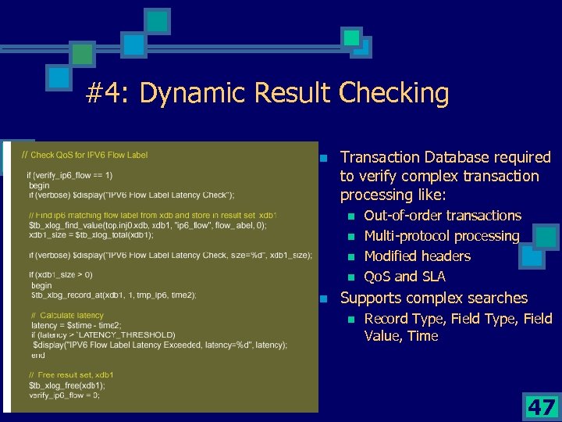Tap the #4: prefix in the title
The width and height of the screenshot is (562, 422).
pyautogui.click(x=108, y=94)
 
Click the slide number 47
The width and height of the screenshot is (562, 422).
pyautogui.click(x=541, y=407)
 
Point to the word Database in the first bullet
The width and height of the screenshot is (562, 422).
pyautogui.click(x=450, y=157)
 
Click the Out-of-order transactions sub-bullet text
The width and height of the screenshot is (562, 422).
pyautogui.click(x=443, y=216)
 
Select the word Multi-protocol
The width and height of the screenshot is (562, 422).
pyautogui.click(x=407, y=236)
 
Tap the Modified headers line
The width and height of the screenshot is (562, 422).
pyautogui.click(x=418, y=256)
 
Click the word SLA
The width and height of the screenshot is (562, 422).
pyautogui.click(x=432, y=277)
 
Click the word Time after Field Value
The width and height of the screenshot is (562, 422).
pyautogui.click(x=422, y=336)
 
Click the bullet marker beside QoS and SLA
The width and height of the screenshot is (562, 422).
pyautogui.click(x=351, y=277)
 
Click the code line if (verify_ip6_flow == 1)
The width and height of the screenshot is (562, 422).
pyautogui.click(x=69, y=175)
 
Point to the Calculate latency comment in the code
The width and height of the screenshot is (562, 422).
pyautogui.click(x=73, y=315)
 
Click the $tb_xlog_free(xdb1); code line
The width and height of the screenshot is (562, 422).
pyautogui.click(x=66, y=385)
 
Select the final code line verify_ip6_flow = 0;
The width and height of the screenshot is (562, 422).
pyautogui.click(x=64, y=395)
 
